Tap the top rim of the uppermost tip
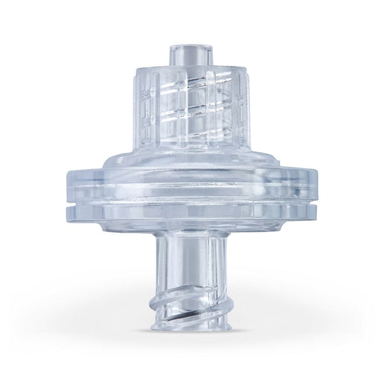pyautogui.click(x=189, y=45)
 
